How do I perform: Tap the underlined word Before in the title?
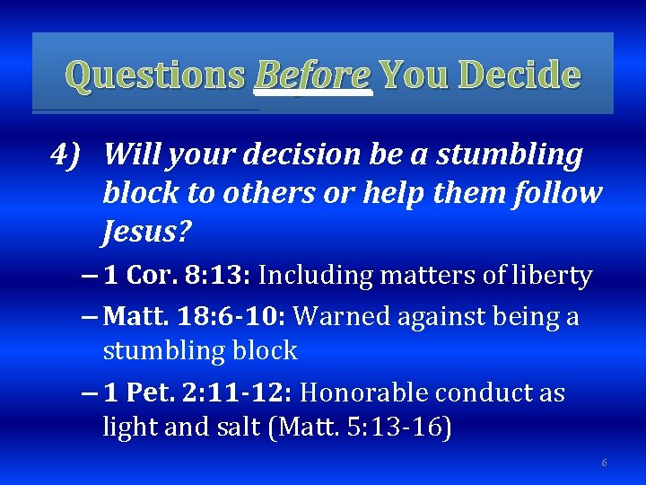[312, 75]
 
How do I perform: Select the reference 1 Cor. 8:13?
[179, 276]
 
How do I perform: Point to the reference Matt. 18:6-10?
[195, 316]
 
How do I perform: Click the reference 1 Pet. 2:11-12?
[198, 393]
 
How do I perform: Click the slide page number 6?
[604, 463]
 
